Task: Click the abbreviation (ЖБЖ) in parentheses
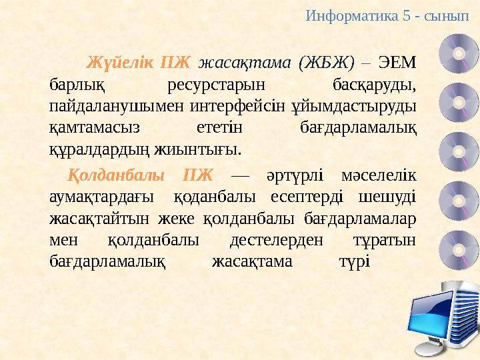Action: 326,63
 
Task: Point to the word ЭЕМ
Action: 397,63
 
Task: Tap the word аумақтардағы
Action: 99,197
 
